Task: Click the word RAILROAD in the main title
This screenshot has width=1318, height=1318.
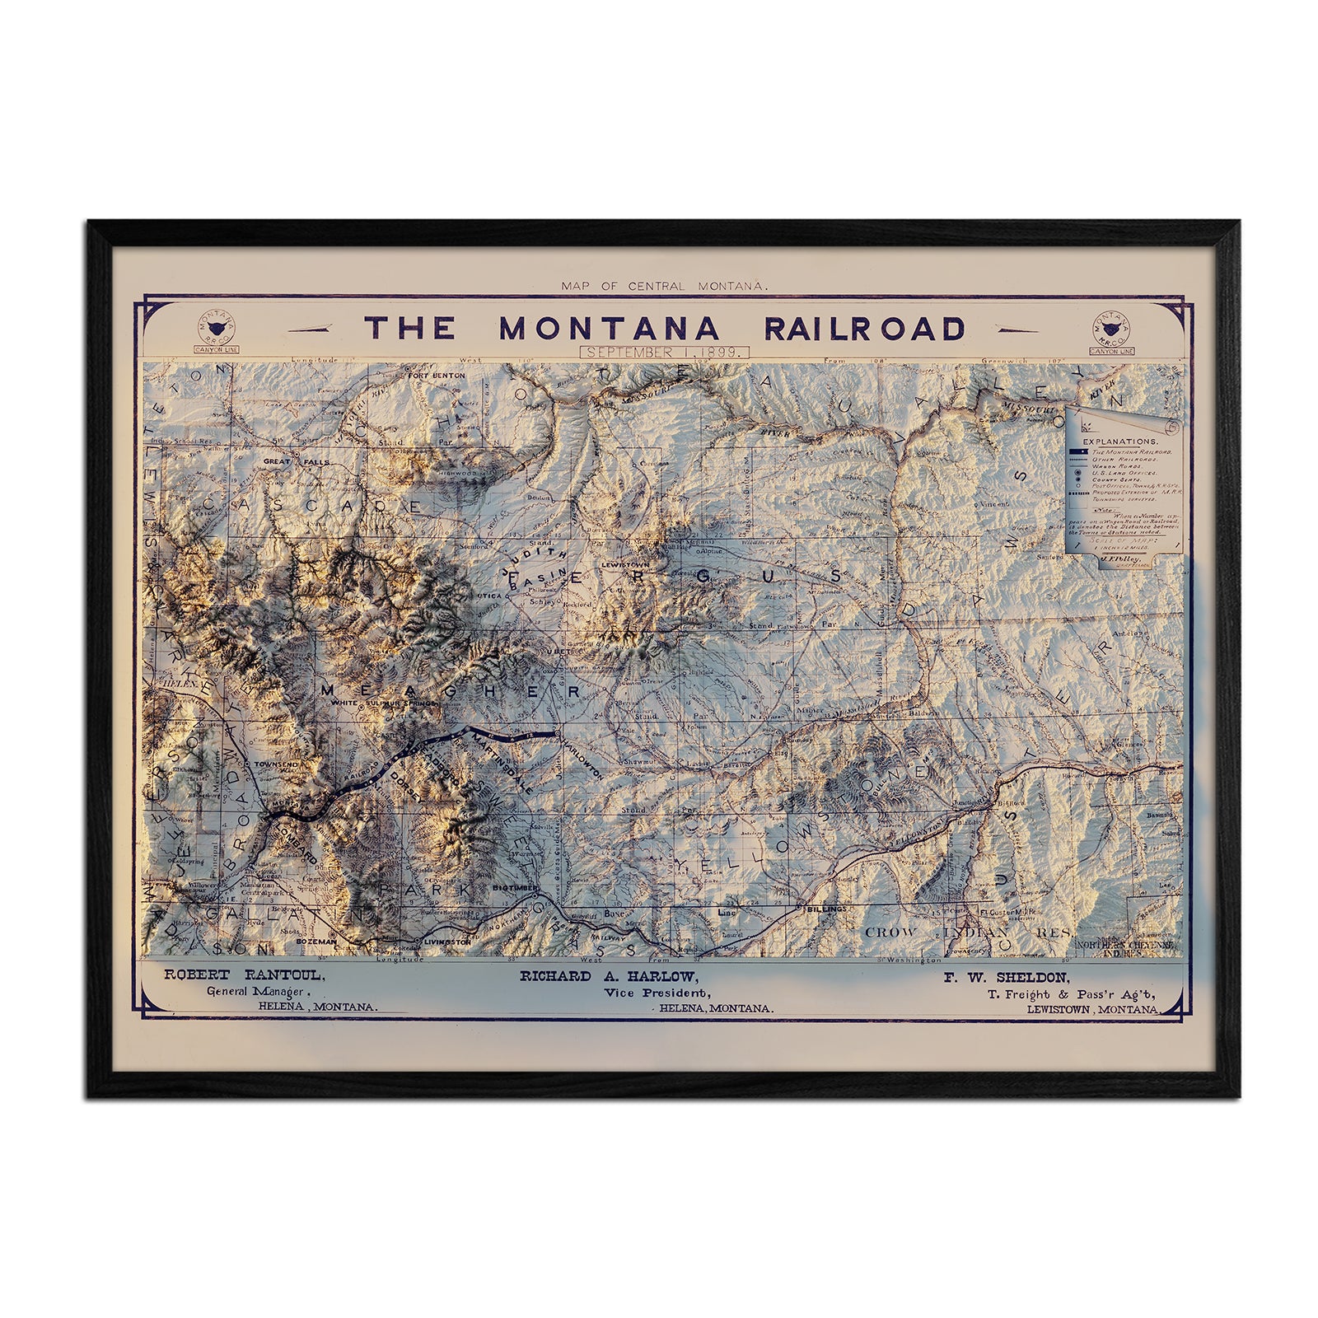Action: [864, 329]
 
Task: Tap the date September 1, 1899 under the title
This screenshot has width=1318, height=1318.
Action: [664, 351]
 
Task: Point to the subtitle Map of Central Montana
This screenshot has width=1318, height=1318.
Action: [664, 286]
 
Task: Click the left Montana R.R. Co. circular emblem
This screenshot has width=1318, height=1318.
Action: [215, 329]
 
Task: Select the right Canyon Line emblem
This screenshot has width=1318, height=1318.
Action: [1111, 330]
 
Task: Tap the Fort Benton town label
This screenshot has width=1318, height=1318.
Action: [437, 376]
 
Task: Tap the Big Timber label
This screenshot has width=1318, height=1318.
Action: [515, 889]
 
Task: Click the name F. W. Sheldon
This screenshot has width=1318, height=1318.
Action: [1007, 978]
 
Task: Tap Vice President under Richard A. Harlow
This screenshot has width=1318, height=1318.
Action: [656, 993]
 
